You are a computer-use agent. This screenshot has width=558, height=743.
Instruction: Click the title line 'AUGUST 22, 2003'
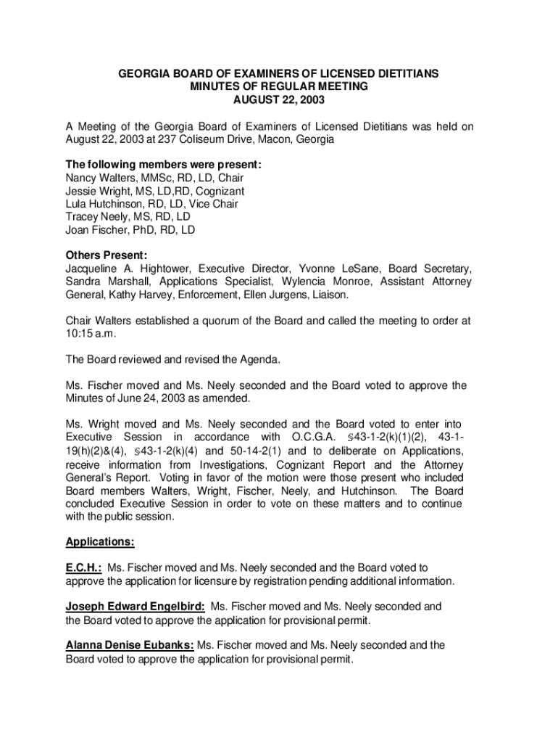[x=278, y=99]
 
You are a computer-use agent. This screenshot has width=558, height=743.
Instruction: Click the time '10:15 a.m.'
[x=91, y=333]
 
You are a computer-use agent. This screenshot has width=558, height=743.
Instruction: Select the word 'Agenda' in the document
[x=260, y=359]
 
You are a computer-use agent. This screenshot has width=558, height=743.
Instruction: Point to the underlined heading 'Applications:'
[x=100, y=542]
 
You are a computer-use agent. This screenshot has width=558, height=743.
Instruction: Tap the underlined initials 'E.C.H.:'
[x=83, y=568]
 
